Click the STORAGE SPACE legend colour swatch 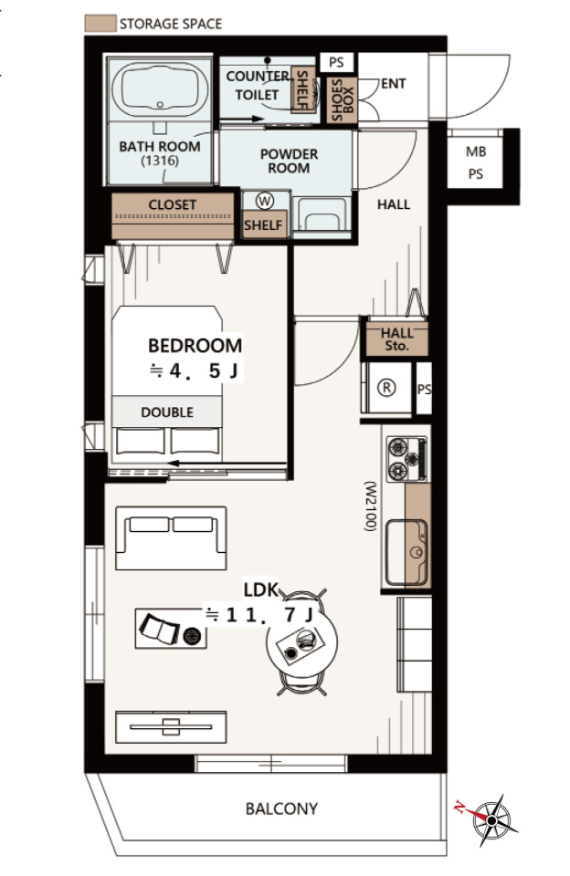(x=100, y=23)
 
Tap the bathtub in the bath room (x=160, y=89)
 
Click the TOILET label (x=257, y=95)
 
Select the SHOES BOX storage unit (x=342, y=99)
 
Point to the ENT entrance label (x=393, y=84)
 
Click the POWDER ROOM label (x=289, y=161)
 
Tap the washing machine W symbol (x=265, y=201)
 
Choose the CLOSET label (x=173, y=204)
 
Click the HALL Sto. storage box (x=396, y=339)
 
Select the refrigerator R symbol (x=386, y=388)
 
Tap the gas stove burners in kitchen (x=407, y=459)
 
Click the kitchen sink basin (x=406, y=551)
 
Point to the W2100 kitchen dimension (x=370, y=506)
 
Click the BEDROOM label (x=195, y=345)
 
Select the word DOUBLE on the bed (x=167, y=412)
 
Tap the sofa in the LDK (x=171, y=538)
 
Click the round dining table (x=302, y=643)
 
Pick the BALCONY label (x=281, y=808)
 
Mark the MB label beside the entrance (x=476, y=152)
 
